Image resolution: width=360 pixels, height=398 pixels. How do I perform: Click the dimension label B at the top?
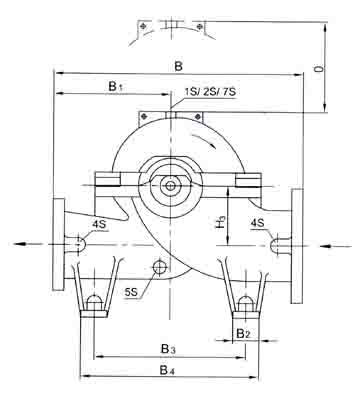179,66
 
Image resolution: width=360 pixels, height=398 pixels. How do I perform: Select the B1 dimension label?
115,86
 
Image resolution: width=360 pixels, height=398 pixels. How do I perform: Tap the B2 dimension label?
243,333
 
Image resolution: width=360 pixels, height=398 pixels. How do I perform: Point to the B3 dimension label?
168,349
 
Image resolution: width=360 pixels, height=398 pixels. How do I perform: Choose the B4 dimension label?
168,370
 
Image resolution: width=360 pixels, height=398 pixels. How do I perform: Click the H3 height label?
221,222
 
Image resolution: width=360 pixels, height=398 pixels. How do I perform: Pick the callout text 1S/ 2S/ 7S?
210,92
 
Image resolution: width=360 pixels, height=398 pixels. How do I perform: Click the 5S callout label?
131,292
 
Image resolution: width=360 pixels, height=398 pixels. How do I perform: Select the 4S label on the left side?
99,224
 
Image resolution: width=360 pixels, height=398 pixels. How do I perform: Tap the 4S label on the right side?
258,223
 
